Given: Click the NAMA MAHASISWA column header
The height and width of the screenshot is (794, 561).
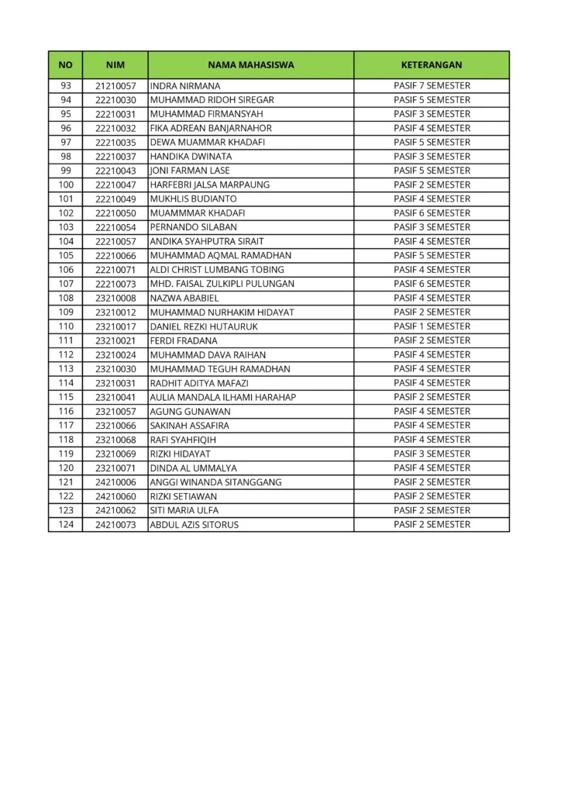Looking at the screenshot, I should click(x=250, y=65).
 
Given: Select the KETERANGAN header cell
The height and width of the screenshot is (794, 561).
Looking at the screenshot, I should click(x=432, y=65).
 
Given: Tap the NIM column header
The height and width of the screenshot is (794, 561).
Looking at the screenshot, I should click(x=115, y=65).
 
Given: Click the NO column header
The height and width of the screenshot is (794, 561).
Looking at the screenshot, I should click(x=65, y=65).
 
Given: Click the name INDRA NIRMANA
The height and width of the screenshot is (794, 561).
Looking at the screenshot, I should click(x=184, y=86).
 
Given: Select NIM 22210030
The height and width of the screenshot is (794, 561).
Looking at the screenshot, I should click(x=115, y=100).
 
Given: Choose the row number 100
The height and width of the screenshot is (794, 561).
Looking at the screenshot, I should click(x=66, y=185).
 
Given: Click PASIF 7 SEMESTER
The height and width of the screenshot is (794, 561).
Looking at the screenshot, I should click(x=432, y=85).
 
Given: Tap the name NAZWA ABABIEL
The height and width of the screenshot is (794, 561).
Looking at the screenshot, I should click(x=184, y=298).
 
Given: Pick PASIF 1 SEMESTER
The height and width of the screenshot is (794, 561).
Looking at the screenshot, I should click(x=432, y=326).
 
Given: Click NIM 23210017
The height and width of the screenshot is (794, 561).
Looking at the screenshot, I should click(x=115, y=326).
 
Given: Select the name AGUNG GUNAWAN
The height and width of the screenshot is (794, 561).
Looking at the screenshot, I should click(x=190, y=411).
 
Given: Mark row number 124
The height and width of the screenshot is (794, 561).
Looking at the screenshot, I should click(x=66, y=524).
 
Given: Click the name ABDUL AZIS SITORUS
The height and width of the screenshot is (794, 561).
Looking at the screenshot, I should click(x=194, y=524).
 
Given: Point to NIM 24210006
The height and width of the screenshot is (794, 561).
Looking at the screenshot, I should click(x=115, y=482).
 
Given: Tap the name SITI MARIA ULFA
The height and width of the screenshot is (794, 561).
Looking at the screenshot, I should click(x=184, y=510).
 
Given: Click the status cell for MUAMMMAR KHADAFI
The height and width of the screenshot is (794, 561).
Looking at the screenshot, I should click(x=432, y=212).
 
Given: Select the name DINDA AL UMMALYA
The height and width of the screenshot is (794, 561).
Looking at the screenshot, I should click(x=193, y=468).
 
